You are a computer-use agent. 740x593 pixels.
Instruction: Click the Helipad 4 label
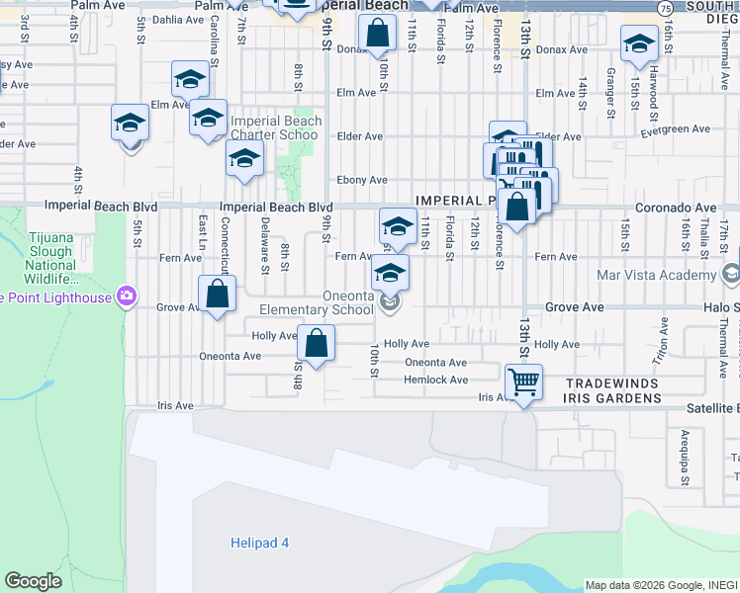(260, 543)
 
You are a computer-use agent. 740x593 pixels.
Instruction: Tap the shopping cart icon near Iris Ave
(523, 381)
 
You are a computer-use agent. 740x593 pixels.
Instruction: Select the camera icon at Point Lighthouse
(127, 295)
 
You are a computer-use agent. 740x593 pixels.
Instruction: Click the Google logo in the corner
(33, 581)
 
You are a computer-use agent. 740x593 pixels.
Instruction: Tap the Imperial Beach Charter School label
(275, 128)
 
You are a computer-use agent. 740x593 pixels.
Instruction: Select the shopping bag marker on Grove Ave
(217, 294)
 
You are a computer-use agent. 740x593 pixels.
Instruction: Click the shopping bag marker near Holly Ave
(316, 345)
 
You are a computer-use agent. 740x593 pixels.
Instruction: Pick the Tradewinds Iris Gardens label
(612, 390)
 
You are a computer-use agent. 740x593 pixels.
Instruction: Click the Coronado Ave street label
(682, 208)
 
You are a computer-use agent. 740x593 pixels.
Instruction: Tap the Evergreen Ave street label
(676, 129)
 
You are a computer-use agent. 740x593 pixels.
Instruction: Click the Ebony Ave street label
(362, 180)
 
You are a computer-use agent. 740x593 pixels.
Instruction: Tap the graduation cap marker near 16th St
(639, 42)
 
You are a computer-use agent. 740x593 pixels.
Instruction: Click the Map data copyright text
(661, 585)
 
